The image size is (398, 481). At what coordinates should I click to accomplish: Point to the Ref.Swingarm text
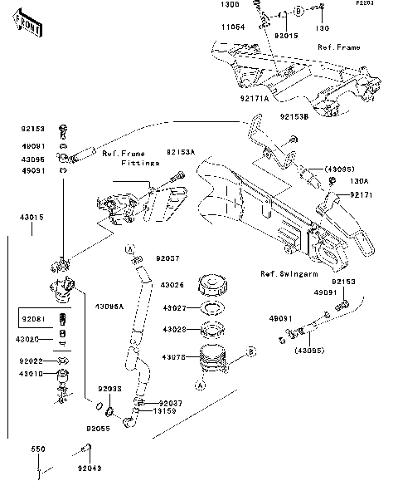tap(284, 274)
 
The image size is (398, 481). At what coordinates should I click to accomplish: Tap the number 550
tap(38, 449)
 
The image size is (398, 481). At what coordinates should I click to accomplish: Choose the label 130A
tap(358, 180)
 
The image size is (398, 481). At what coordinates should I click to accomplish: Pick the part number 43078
tap(177, 357)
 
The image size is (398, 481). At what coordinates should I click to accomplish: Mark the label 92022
tap(32, 361)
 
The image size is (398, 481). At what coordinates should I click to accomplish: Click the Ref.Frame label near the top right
tap(339, 47)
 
